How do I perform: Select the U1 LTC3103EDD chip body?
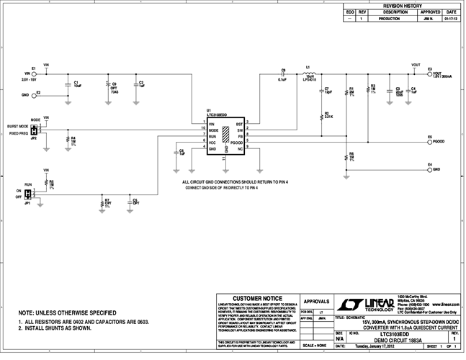226,136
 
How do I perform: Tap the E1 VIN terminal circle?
34,73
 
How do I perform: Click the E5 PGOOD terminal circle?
429,142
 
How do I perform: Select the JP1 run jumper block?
28,194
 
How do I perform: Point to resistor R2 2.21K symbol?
321,114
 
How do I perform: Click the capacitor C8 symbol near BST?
283,74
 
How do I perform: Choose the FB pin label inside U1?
240,136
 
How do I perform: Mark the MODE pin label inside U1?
213,130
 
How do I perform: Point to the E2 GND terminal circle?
34,94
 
